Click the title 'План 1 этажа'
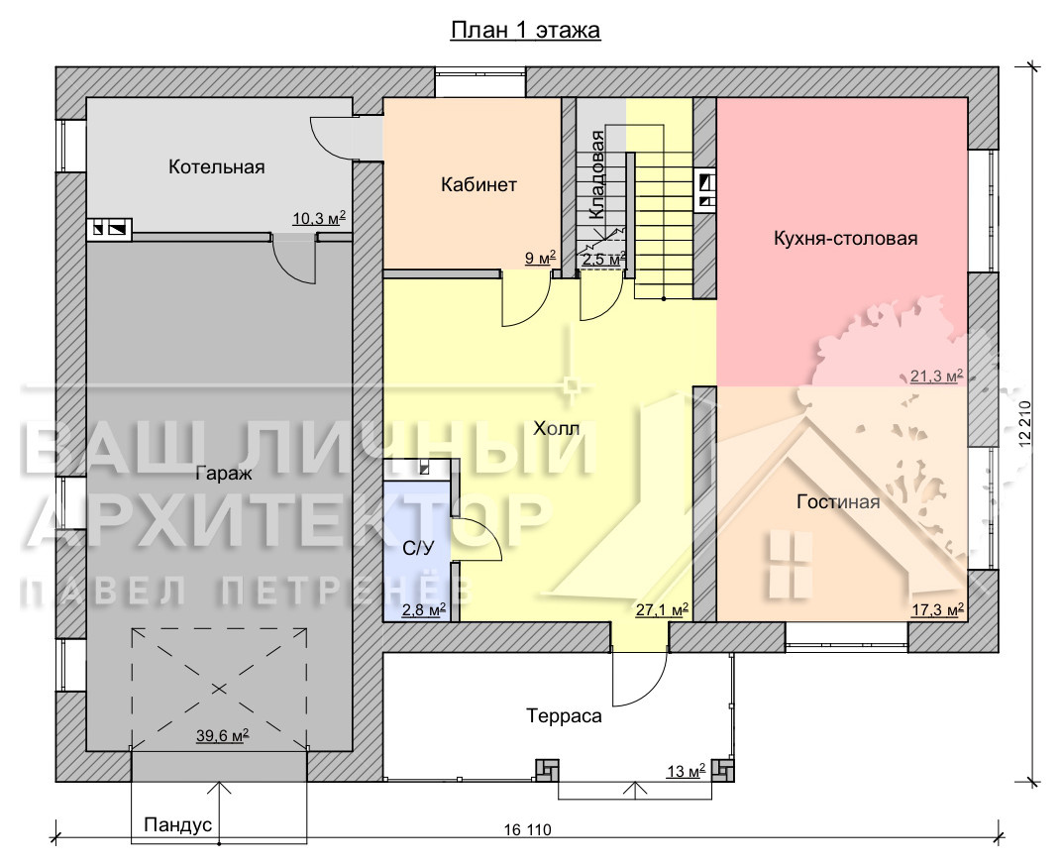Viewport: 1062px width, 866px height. point(526,31)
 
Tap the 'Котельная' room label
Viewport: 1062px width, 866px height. point(217,166)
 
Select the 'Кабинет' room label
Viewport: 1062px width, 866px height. point(478,184)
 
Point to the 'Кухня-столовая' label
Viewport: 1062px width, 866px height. point(845,239)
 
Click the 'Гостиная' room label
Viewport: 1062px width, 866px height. point(838,502)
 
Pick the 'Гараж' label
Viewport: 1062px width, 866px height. point(224,473)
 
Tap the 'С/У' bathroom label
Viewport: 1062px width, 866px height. point(418,549)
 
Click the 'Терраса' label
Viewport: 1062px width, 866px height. point(565,716)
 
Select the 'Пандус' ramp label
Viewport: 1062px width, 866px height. point(178,824)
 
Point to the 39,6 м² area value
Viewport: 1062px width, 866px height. point(222,735)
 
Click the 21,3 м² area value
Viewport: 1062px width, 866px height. point(937,376)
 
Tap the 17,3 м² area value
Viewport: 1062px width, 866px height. point(938,609)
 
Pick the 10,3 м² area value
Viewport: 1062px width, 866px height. point(319,218)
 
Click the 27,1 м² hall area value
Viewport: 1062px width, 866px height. point(663,609)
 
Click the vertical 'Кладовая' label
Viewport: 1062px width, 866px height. point(596,174)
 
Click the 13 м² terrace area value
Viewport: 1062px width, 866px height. point(687,771)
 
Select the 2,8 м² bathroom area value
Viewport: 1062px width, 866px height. point(424,609)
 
